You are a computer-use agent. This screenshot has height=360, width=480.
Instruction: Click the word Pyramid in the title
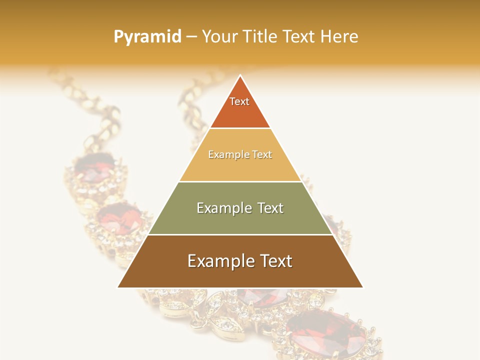coord(147,36)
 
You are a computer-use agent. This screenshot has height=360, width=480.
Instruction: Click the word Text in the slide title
coord(300,36)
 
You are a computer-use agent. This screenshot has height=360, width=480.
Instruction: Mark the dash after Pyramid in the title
coord(191,37)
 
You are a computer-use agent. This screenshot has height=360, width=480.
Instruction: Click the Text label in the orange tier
coord(239,101)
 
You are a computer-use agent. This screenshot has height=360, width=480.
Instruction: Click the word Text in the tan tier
coord(262,155)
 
